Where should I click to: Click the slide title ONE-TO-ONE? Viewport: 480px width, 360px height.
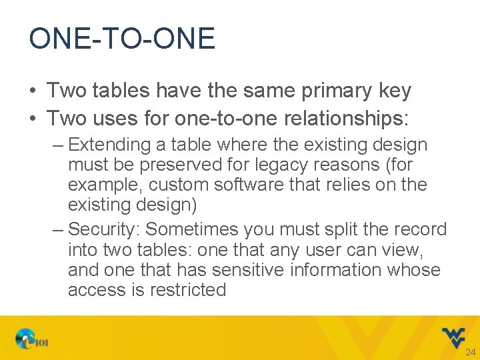pyautogui.click(x=121, y=39)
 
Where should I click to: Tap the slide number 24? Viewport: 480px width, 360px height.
pyautogui.click(x=471, y=351)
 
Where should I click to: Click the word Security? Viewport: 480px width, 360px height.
pyautogui.click(x=104, y=229)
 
